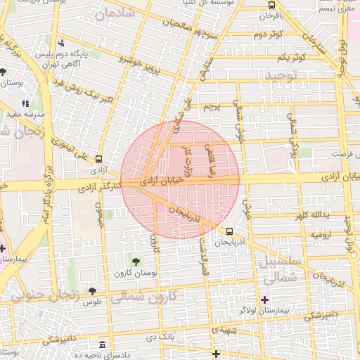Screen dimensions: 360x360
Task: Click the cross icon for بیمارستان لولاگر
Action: click(x=264, y=300)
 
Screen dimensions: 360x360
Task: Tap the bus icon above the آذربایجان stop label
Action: click(x=230, y=231)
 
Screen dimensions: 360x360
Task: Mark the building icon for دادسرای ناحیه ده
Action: click(x=103, y=345)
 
